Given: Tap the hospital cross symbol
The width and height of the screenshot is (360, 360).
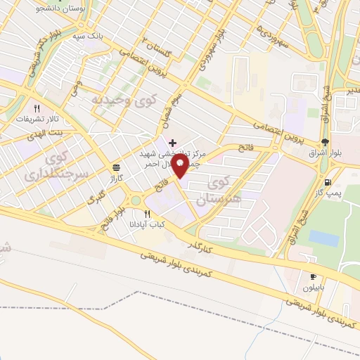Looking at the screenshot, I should click(173, 143).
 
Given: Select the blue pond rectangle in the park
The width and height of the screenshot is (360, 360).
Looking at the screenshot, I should click(323, 238).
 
